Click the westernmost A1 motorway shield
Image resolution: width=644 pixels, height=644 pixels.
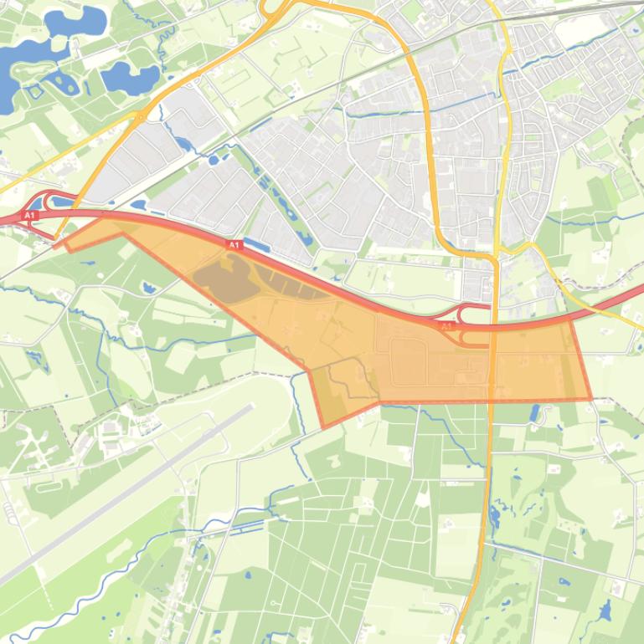tap(30, 216)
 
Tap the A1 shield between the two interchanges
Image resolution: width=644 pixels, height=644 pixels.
tap(234, 245)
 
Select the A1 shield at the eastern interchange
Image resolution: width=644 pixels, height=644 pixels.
tap(447, 325)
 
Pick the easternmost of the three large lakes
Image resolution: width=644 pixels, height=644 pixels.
tap(131, 78)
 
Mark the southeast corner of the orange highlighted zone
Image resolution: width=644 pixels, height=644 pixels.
tap(590, 399)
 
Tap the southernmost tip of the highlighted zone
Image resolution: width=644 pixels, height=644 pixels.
tap(324, 427)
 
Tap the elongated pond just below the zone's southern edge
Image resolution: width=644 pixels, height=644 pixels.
tap(534, 411)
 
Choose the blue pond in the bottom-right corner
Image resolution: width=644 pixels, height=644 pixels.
tap(605, 611)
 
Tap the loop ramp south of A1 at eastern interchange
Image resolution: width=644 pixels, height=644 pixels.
tap(474, 338)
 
